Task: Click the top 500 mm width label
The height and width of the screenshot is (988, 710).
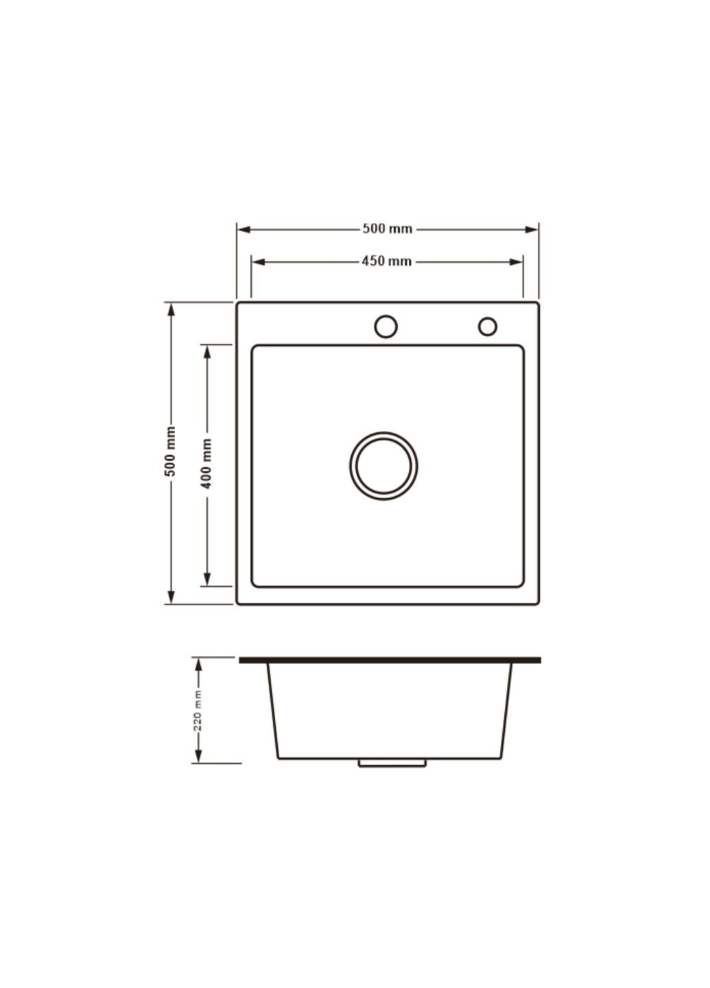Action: tap(387, 229)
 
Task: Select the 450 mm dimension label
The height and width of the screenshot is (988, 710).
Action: tap(386, 261)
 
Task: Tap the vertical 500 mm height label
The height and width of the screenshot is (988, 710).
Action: tap(170, 451)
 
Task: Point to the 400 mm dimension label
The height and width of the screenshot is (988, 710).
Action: tap(206, 464)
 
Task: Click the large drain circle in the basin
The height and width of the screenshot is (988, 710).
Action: tap(383, 466)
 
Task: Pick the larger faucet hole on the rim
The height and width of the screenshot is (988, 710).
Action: tap(386, 327)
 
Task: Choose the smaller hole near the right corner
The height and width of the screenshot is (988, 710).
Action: tap(487, 327)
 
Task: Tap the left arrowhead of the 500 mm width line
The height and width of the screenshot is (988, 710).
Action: tap(244, 229)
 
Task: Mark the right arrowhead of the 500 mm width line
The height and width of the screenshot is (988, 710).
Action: tap(531, 229)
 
